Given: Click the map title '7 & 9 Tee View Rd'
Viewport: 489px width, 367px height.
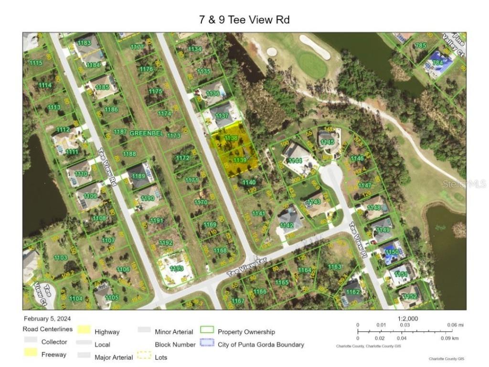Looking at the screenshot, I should coord(244,20).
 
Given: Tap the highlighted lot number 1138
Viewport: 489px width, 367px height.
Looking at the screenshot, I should coord(231,138).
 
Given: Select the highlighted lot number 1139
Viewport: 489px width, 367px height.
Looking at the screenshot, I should coord(240,160).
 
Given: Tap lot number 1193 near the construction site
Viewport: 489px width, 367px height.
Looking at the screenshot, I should coord(176,269).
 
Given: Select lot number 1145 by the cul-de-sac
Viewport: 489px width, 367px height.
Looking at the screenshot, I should coord(328,142).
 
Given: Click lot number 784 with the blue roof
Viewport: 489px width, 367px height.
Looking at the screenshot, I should coord(437,63).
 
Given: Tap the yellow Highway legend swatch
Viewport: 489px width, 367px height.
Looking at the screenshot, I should coord(84,330).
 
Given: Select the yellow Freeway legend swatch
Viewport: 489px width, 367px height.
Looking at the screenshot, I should coord(31,353).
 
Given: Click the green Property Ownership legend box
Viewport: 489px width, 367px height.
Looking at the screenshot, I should coord(207,330).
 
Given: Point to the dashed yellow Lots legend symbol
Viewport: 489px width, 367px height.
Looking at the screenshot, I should coord(144,356).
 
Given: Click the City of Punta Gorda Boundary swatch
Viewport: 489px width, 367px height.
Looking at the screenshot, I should coord(207,343).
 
